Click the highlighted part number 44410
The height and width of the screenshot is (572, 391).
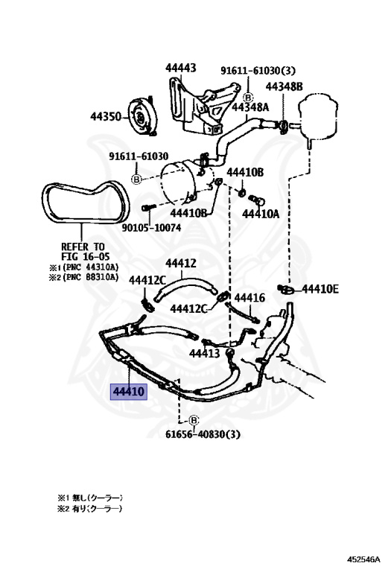click(x=129, y=392)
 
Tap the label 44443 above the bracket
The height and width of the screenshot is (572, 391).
click(x=180, y=69)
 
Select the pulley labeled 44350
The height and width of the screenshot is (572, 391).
click(x=142, y=117)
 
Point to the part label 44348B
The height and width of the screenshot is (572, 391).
click(x=284, y=86)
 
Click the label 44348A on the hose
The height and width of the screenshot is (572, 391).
click(x=250, y=107)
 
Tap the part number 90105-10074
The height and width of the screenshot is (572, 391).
click(x=151, y=228)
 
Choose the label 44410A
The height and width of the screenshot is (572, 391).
click(x=261, y=214)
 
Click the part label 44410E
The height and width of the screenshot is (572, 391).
click(x=320, y=289)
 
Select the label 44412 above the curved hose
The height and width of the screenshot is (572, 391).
click(x=181, y=264)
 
